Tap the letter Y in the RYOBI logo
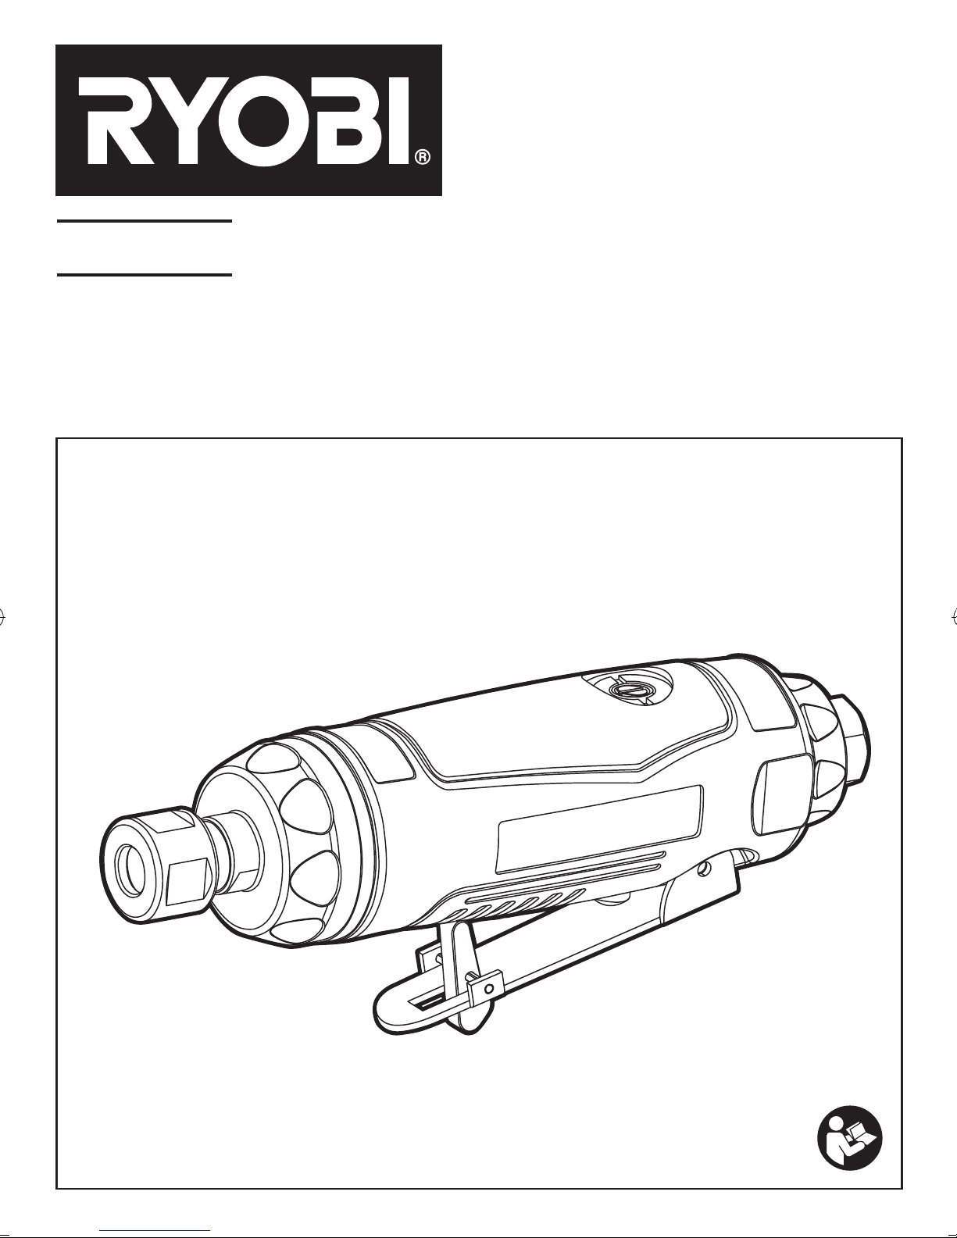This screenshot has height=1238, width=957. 184,121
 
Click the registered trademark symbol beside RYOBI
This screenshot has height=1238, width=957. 422,157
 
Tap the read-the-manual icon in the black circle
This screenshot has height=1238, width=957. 849,1138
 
